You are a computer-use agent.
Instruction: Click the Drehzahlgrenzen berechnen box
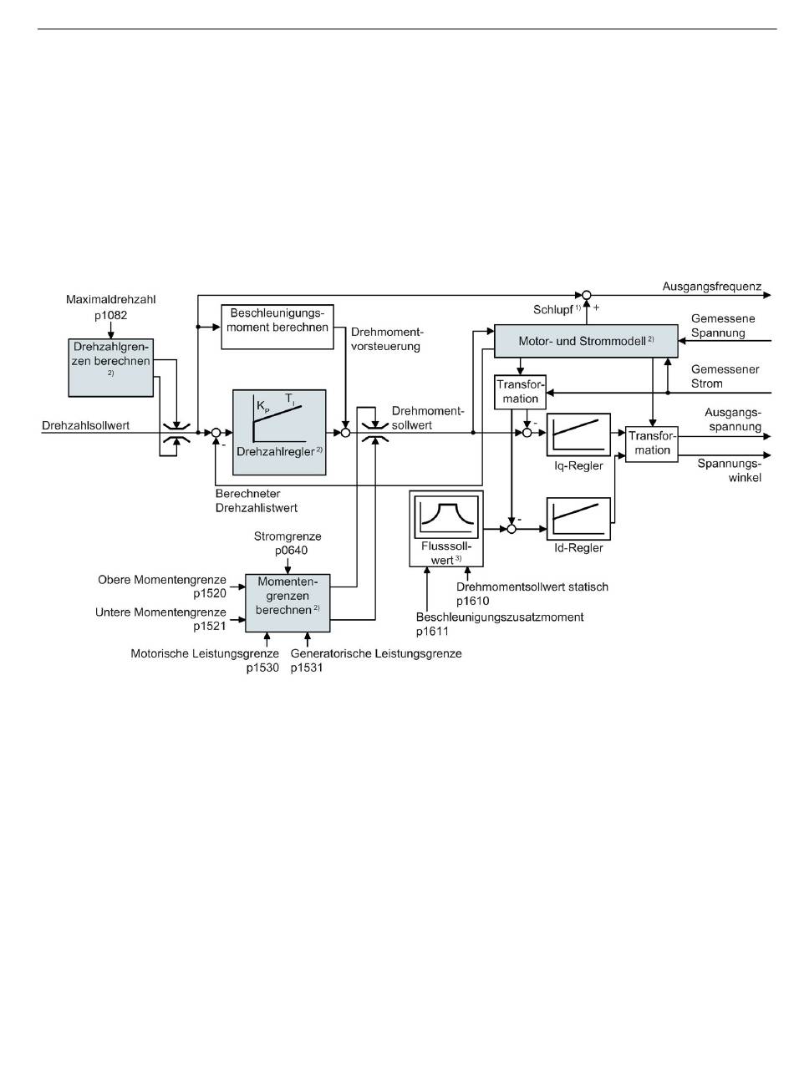(x=111, y=367)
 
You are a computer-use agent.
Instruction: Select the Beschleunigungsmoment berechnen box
(x=276, y=327)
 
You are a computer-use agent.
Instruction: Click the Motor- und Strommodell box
(x=585, y=342)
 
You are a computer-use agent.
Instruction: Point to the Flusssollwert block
(x=446, y=529)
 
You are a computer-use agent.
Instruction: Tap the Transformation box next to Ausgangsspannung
(x=650, y=444)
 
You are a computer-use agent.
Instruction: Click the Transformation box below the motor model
(x=521, y=392)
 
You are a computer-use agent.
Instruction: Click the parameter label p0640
(x=288, y=551)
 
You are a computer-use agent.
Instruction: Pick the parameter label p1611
(x=433, y=631)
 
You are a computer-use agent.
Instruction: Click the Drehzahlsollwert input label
(x=85, y=426)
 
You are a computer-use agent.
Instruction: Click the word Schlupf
(x=552, y=309)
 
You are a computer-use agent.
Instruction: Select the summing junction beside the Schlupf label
(x=586, y=295)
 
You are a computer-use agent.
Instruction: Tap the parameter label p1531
(x=308, y=668)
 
